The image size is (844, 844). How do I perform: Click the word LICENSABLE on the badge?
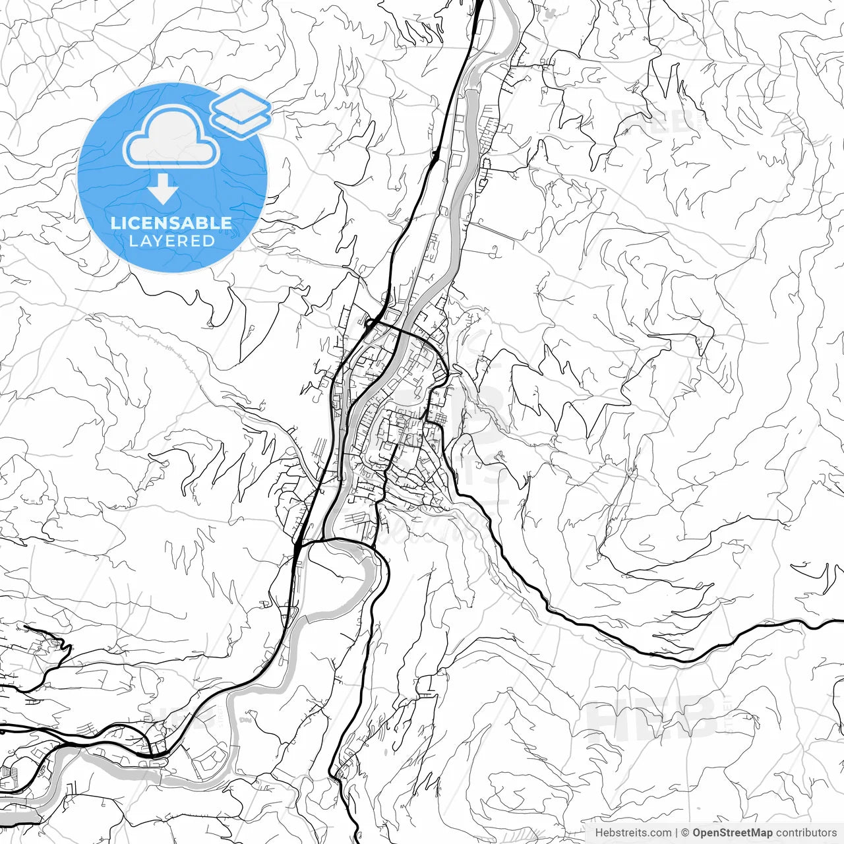click(171, 223)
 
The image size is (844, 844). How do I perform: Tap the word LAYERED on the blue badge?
click(171, 241)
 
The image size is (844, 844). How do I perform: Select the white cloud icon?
click(171, 137)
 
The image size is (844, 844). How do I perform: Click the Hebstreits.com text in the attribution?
click(633, 833)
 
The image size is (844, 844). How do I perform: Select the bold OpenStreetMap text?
click(732, 833)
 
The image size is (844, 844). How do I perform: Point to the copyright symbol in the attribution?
click(685, 833)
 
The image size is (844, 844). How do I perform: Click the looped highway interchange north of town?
click(371, 324)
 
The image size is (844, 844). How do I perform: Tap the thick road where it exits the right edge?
click(840, 621)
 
